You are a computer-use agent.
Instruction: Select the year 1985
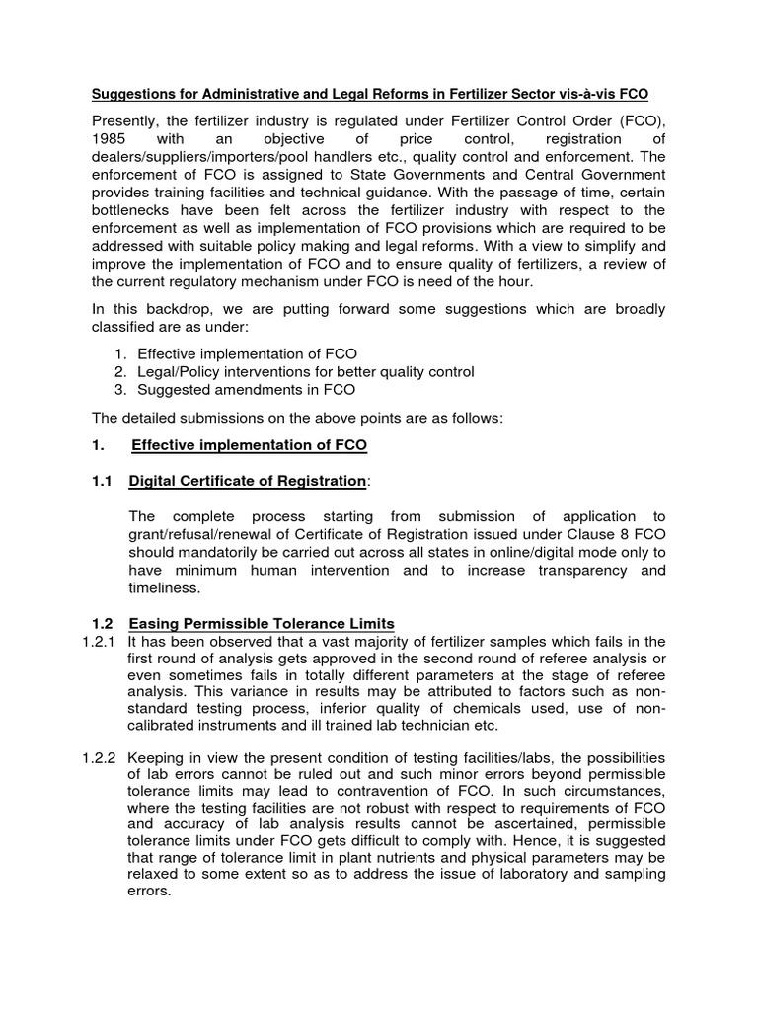point(111,140)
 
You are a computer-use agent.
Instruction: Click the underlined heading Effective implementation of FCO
point(249,445)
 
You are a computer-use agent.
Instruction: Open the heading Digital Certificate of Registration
point(247,481)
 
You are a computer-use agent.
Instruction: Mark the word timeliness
point(165,587)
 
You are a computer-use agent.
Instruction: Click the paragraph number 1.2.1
point(99,642)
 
